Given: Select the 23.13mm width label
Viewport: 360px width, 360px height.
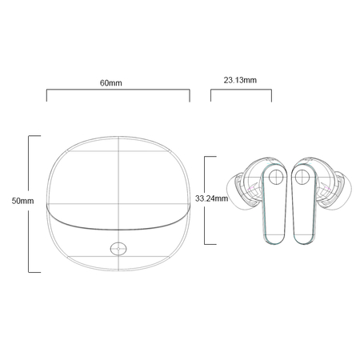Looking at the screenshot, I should tap(240, 80).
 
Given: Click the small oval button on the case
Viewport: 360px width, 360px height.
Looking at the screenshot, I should tap(120, 247).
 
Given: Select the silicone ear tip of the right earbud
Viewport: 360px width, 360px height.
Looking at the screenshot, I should tap(342, 193).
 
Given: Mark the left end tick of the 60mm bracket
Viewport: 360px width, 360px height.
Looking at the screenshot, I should tap(47, 96).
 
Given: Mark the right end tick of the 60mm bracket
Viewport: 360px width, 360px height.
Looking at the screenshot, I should tap(190, 96).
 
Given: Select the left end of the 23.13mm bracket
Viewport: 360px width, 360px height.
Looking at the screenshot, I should tap(211, 96).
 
